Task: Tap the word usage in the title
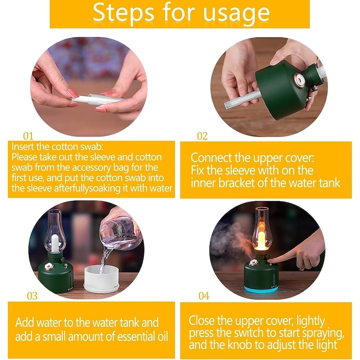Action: pyautogui.click(x=236, y=14)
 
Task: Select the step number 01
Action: pyautogui.click(x=28, y=136)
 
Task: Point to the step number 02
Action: pyautogui.click(x=202, y=136)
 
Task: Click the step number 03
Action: pyautogui.click(x=32, y=296)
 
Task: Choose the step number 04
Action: pyautogui.click(x=204, y=296)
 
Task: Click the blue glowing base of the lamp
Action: pyautogui.click(x=261, y=289)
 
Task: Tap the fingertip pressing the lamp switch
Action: pyautogui.click(x=271, y=260)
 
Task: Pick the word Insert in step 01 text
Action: pyautogui.click(x=22, y=146)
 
